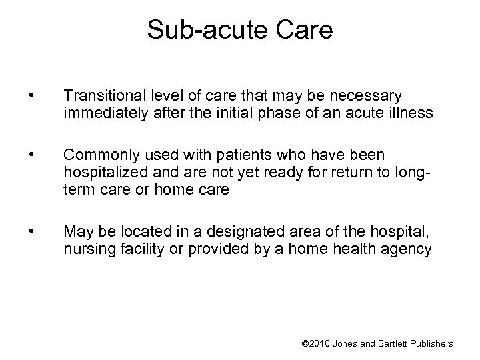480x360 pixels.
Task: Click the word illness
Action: (413, 115)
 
